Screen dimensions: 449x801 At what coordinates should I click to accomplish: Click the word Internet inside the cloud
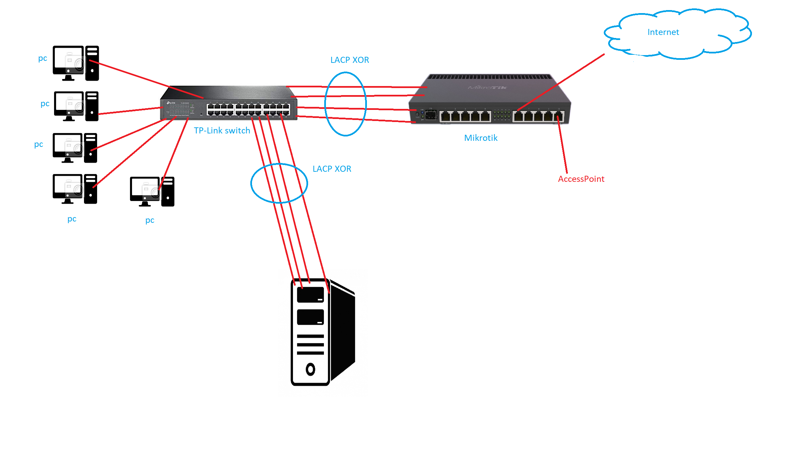point(663,32)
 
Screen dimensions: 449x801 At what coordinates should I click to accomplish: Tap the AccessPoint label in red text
point(581,179)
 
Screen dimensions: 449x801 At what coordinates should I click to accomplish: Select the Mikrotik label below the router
point(480,138)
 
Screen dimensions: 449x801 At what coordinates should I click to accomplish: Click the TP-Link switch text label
point(222,131)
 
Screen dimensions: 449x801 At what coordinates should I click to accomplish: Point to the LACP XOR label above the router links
point(349,60)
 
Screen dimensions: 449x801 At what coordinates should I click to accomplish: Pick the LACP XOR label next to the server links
point(332,169)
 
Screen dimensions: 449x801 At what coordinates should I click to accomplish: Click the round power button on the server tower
point(310,369)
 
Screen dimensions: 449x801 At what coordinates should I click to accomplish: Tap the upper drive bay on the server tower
point(310,295)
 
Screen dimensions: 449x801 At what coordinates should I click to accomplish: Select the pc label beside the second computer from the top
point(45,104)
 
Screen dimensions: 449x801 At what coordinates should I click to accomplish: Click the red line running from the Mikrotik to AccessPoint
point(563,148)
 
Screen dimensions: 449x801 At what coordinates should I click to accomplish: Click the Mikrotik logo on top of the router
point(487,88)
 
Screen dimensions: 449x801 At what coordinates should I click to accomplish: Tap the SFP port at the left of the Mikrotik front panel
point(431,116)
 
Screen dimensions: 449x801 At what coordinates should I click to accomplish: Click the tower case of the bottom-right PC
point(168,192)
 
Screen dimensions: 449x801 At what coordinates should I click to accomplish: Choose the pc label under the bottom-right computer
point(150,220)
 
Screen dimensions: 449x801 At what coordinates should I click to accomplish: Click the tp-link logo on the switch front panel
point(171,103)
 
